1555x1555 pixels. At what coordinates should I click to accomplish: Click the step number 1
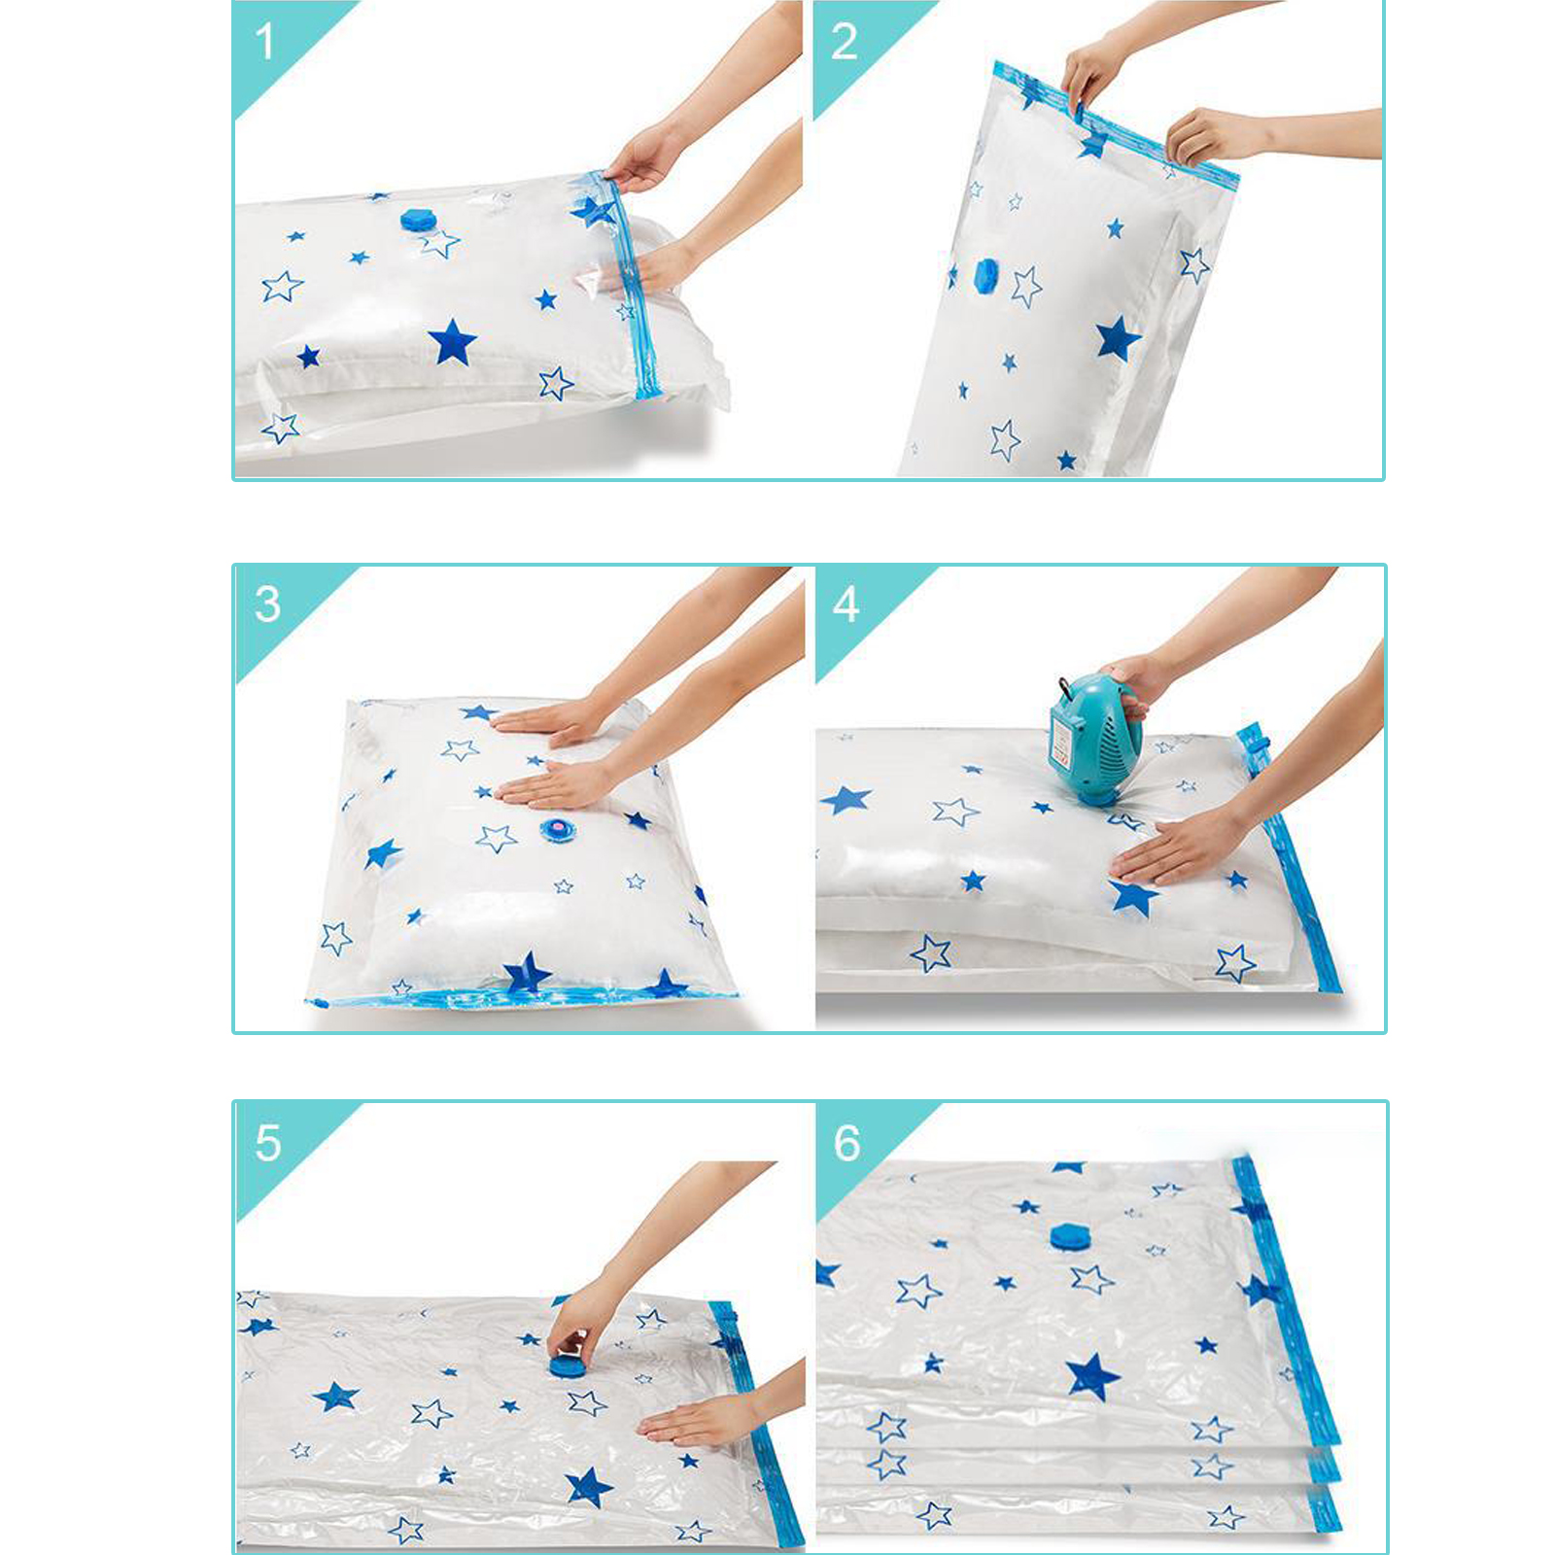coord(263,42)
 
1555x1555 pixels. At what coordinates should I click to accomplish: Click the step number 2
coord(845,42)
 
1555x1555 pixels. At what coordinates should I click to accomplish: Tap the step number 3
coord(267,604)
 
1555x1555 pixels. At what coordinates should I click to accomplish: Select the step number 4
coord(846,605)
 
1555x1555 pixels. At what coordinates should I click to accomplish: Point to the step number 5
coord(267,1143)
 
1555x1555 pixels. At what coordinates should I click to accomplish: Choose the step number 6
coord(847,1143)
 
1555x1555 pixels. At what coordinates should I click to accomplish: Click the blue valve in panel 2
coord(985,275)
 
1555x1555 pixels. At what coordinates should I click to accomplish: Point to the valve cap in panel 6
coord(1070,1237)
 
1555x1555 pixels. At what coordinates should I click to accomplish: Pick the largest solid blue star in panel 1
coord(453,342)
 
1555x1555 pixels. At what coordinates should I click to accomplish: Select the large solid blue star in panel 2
coord(1118,338)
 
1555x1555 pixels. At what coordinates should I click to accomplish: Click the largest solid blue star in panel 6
coord(1092,1376)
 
